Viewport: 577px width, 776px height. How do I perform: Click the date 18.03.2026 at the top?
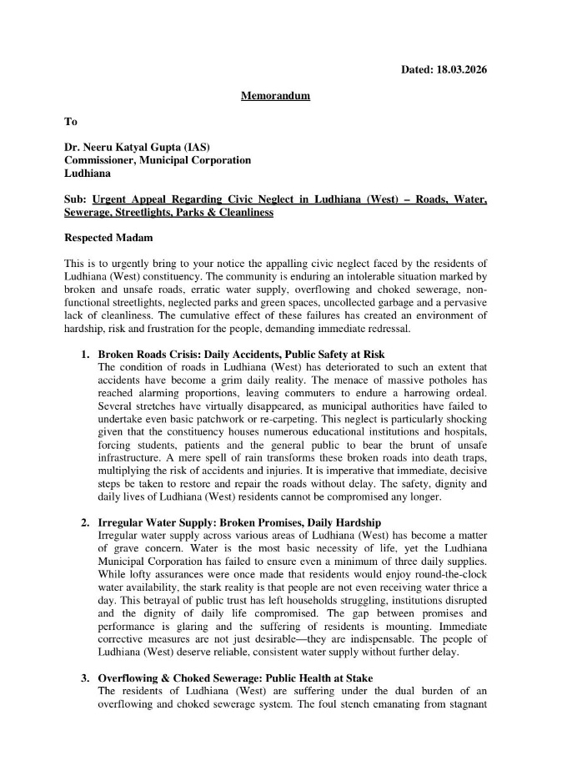tap(458, 69)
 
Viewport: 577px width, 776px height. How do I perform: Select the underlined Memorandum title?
tap(275, 96)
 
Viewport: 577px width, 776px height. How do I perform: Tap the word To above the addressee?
tap(71, 122)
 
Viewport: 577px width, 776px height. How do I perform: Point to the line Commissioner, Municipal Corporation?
tap(158, 160)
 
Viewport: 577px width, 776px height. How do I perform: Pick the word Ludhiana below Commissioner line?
tap(89, 174)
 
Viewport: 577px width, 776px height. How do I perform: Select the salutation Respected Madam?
tap(108, 238)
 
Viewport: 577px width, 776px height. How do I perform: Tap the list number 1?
tap(85, 355)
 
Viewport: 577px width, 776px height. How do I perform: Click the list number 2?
tap(85, 522)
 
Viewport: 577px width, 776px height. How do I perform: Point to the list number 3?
tap(85, 678)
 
